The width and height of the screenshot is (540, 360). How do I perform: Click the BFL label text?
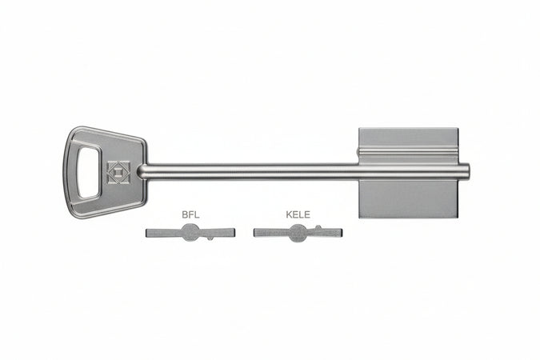190,215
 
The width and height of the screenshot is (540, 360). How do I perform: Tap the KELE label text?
298,215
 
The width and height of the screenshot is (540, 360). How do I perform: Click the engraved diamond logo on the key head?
118,172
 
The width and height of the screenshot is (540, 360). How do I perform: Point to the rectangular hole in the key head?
89,172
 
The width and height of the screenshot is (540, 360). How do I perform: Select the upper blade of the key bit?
409,146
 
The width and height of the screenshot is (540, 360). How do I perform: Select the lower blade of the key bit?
409,198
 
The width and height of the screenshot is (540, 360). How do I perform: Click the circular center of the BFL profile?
190,232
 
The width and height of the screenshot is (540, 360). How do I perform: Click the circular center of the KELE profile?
298,233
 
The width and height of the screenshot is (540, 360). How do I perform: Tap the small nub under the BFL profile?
210,238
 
